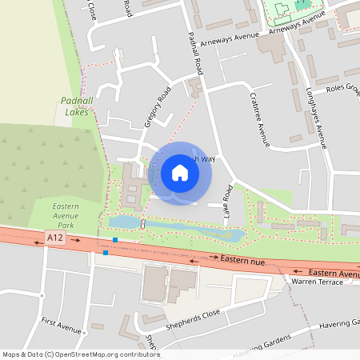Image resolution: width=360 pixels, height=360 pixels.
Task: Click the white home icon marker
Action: pyautogui.click(x=180, y=172)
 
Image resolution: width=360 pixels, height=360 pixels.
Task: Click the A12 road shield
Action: pyautogui.click(x=54, y=238)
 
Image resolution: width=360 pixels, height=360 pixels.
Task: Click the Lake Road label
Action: pyautogui.click(x=227, y=203)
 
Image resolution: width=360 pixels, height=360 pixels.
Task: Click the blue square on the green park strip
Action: pyautogui.click(x=115, y=240)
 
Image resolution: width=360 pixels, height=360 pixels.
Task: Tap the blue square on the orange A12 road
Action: pyautogui.click(x=106, y=253)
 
